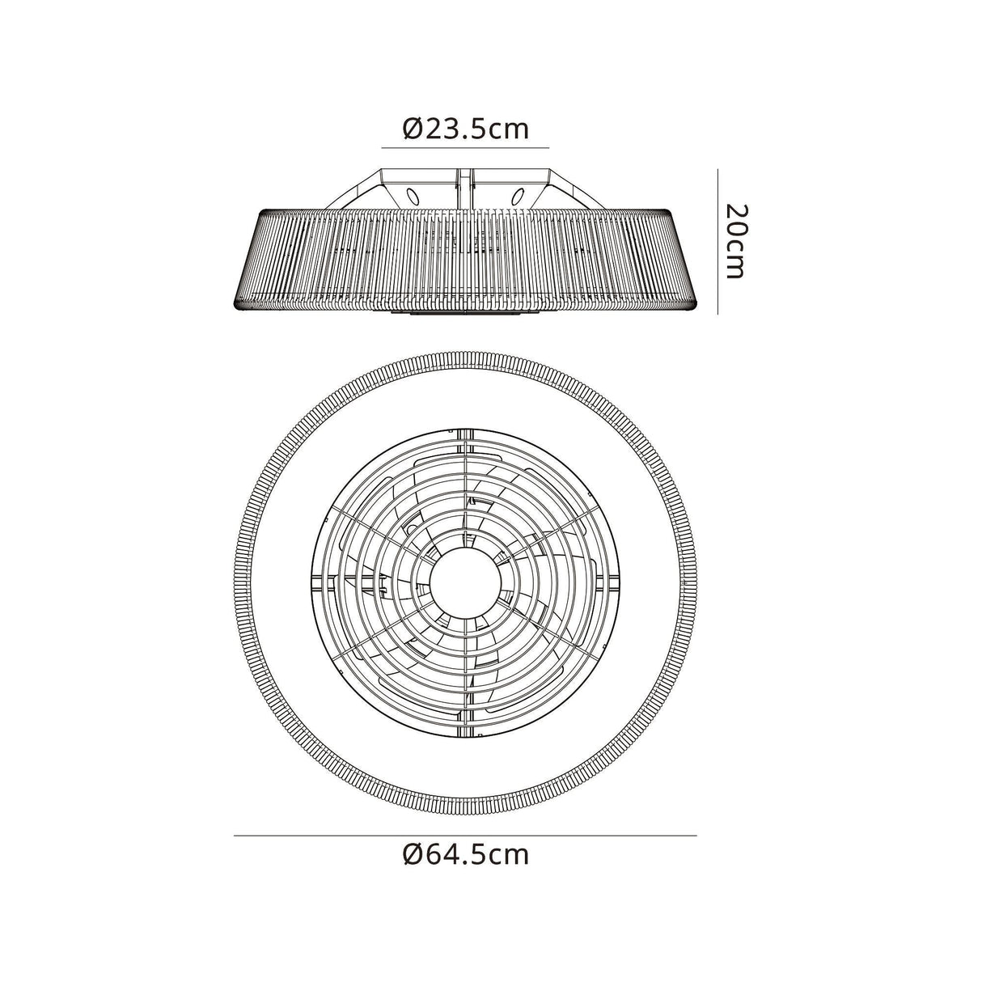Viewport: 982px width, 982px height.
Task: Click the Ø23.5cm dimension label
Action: (x=465, y=129)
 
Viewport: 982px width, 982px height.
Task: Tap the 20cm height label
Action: (x=734, y=240)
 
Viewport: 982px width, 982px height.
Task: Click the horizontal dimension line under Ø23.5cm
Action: (x=465, y=148)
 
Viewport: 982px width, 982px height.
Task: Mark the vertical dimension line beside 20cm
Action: (x=717, y=240)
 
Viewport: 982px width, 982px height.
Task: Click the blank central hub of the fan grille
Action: (x=465, y=581)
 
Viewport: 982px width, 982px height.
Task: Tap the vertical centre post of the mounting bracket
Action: (x=465, y=188)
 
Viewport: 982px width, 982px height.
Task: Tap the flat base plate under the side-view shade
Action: (x=465, y=316)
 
